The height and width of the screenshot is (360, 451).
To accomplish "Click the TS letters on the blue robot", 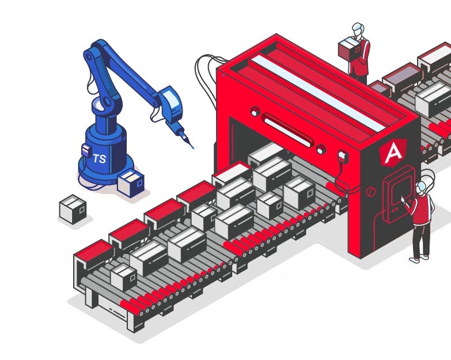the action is tap(100, 158).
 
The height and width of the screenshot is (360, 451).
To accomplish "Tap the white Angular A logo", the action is tap(393, 153).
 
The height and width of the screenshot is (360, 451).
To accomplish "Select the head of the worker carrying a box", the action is tap(358, 29).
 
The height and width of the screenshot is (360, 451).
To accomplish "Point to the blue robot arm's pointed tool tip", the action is tap(192, 147).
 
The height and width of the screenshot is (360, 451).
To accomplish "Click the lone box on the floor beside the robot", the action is tap(73, 209).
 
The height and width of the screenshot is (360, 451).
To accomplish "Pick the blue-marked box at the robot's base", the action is tap(131, 183).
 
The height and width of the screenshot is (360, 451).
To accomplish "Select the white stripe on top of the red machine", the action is tap(319, 93).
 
